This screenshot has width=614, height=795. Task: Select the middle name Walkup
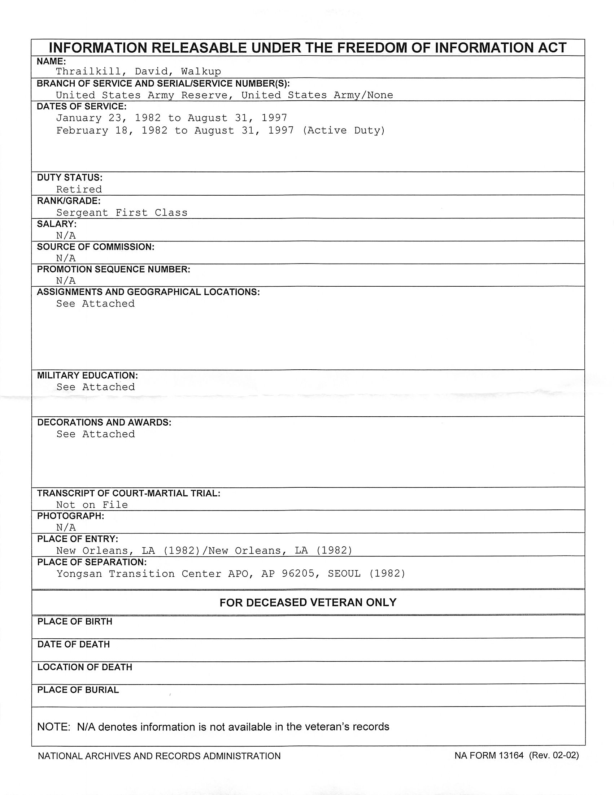[x=201, y=71]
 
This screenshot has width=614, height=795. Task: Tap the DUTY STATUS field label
[x=70, y=178]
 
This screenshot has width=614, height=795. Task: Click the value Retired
[x=79, y=189]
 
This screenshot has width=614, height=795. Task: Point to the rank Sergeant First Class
[x=122, y=213]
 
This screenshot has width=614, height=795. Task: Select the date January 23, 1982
[x=108, y=118]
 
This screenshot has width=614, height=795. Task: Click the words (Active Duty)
[x=343, y=130]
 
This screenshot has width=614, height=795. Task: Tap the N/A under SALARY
[x=66, y=235]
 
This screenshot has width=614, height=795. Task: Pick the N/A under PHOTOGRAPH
[x=66, y=527]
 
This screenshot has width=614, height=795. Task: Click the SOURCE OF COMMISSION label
[x=96, y=247]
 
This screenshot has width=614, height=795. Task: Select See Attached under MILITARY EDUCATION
[x=95, y=387]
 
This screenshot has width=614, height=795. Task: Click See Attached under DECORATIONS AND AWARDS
[x=95, y=434]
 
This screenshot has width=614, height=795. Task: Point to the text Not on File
[x=92, y=504]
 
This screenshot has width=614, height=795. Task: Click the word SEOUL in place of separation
[x=344, y=574]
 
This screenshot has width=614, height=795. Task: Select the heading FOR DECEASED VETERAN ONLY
[x=308, y=603]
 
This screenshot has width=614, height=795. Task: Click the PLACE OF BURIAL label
[x=78, y=690]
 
